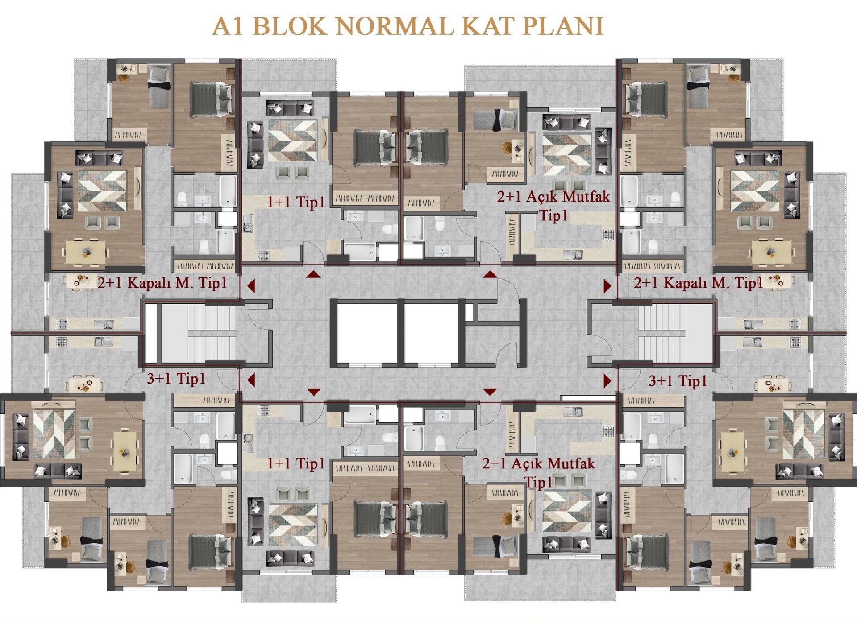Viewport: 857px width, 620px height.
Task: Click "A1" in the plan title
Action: pyautogui.click(x=228, y=26)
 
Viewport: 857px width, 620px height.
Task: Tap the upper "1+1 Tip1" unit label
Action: pyautogui.click(x=296, y=202)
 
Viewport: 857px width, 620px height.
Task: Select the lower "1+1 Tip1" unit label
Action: pyautogui.click(x=296, y=463)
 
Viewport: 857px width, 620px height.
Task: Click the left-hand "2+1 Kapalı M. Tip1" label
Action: pyautogui.click(x=162, y=283)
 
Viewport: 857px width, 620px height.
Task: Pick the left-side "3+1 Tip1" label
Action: pyautogui.click(x=176, y=379)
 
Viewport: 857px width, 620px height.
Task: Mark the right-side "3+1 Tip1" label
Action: pyautogui.click(x=678, y=381)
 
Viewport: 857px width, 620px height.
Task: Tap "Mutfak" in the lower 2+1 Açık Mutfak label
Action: pyautogui.click(x=572, y=463)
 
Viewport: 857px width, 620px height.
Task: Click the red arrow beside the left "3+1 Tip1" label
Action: pyautogui.click(x=251, y=380)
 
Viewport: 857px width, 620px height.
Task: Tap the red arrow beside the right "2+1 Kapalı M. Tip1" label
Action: pyautogui.click(x=607, y=286)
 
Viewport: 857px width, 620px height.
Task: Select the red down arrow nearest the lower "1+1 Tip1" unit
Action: pyautogui.click(x=314, y=392)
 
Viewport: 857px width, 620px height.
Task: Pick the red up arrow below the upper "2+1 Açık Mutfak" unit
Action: pyautogui.click(x=490, y=274)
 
